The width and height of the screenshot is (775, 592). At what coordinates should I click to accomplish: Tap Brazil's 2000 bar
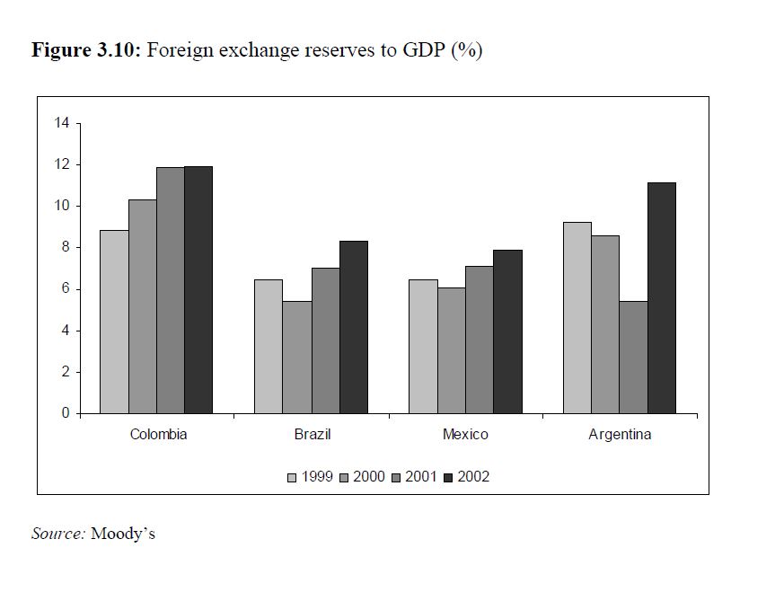[x=296, y=357]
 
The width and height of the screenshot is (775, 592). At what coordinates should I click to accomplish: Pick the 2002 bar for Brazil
[x=353, y=327]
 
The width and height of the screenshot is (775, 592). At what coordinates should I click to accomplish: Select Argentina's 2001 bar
[x=633, y=357]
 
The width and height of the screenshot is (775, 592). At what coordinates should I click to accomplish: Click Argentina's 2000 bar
[x=605, y=324]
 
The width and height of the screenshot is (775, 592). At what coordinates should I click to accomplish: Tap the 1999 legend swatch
[x=292, y=477]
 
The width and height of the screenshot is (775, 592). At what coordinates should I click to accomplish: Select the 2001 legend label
[x=420, y=477]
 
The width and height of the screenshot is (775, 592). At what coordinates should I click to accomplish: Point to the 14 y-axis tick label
[x=62, y=123]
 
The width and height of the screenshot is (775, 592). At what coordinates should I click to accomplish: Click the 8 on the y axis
[x=66, y=248]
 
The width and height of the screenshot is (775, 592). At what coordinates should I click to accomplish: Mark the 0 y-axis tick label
[x=66, y=414]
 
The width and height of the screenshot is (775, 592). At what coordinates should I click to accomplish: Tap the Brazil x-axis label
[x=313, y=435]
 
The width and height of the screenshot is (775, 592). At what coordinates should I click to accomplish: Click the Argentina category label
[x=620, y=435]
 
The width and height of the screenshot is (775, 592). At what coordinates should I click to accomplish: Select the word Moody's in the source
[x=123, y=534]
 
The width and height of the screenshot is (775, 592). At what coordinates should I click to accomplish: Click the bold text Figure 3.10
[x=85, y=50]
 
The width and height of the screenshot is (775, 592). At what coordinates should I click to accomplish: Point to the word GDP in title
[x=421, y=50]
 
